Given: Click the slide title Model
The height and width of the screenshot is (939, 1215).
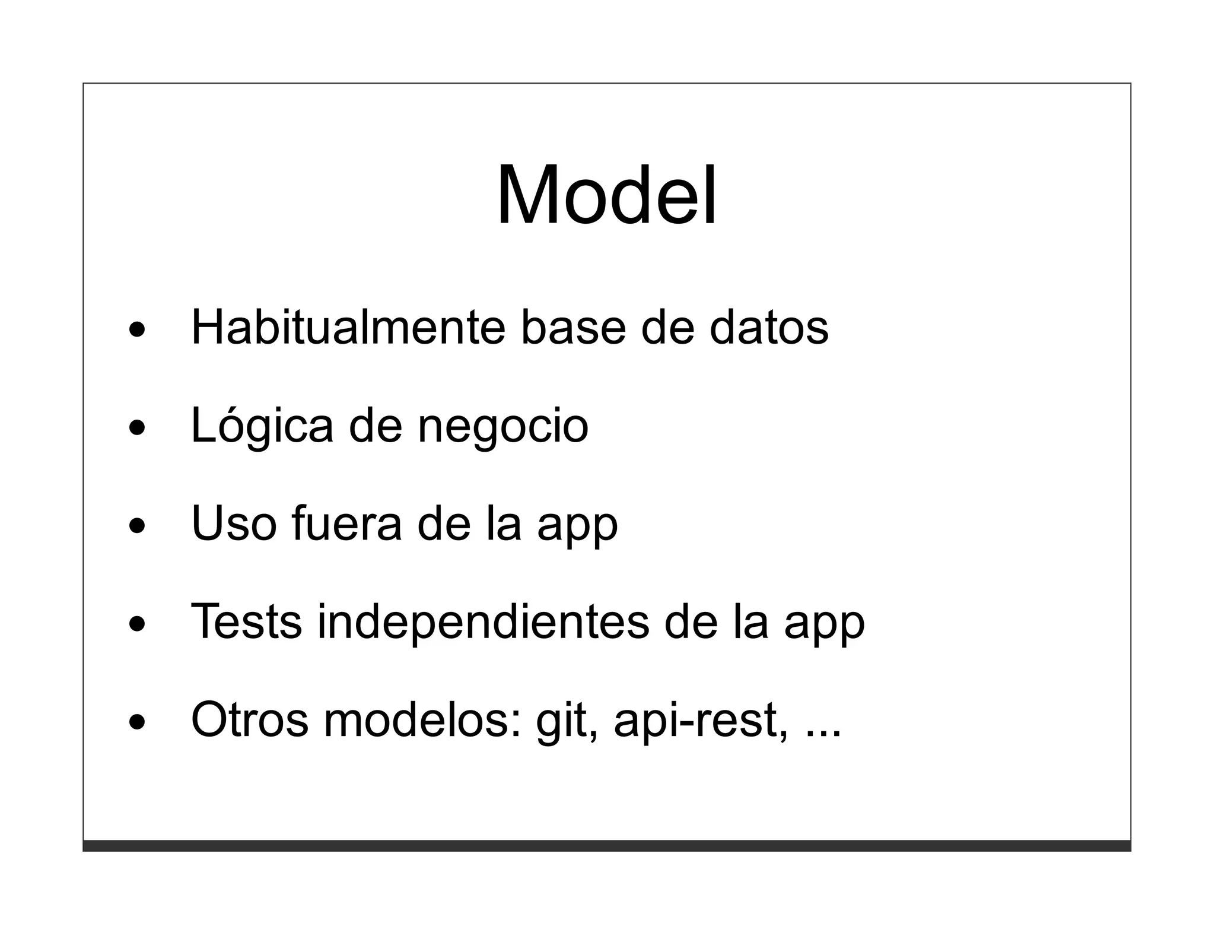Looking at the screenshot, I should pyautogui.click(x=606, y=196).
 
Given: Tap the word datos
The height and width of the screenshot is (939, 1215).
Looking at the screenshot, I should pyautogui.click(x=769, y=327).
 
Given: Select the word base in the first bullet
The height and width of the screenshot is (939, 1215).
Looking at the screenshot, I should pyautogui.click(x=572, y=327).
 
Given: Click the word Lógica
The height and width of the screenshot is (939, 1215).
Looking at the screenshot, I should pyautogui.click(x=262, y=426).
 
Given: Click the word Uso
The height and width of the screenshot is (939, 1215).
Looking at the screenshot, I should pyautogui.click(x=234, y=524).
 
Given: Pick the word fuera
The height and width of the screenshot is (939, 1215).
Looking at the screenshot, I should pyautogui.click(x=346, y=524).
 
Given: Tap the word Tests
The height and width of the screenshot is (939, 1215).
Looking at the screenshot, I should pyautogui.click(x=246, y=621).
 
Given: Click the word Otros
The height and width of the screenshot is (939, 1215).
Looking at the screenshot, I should pyautogui.click(x=250, y=719).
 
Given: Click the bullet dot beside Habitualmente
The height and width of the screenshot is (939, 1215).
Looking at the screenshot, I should pyautogui.click(x=136, y=328).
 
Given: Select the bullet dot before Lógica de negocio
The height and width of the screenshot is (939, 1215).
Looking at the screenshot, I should pyautogui.click(x=136, y=427).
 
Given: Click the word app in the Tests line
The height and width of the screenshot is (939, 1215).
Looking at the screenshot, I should pyautogui.click(x=824, y=624).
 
